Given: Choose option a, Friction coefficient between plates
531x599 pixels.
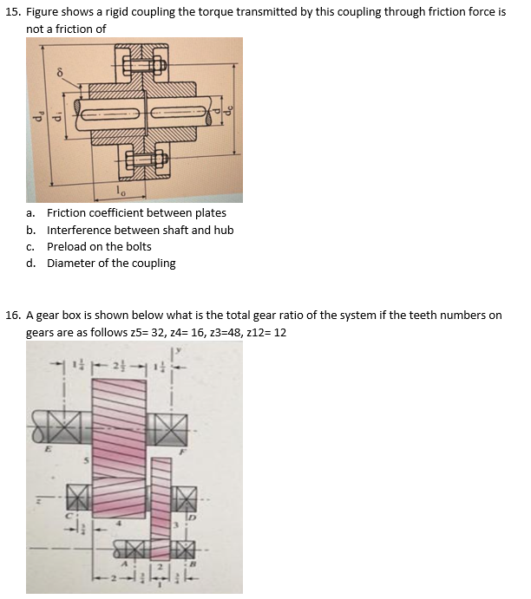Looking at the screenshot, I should [x=136, y=213].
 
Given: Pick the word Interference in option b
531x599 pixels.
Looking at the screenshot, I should [x=79, y=230].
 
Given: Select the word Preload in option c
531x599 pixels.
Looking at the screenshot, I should [x=66, y=246].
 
